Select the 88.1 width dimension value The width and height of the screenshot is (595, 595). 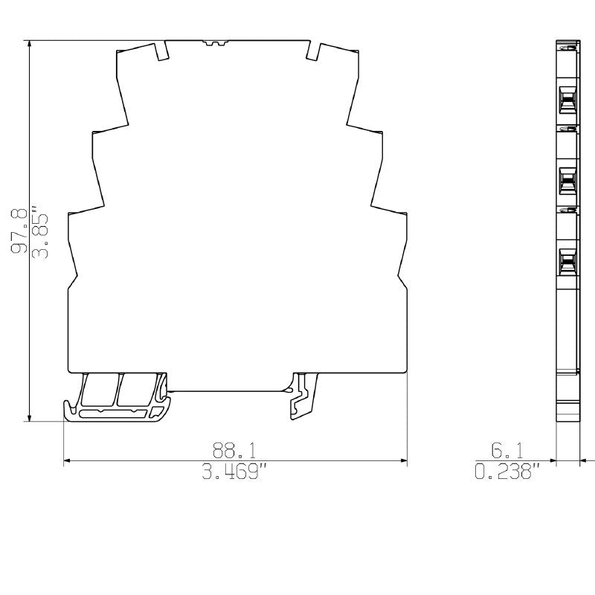(234, 450)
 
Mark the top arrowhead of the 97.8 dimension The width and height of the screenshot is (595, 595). (29, 43)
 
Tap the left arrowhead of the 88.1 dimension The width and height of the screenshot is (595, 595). (68, 461)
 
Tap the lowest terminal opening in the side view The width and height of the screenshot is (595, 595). (567, 261)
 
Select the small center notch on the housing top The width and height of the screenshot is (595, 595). (215, 44)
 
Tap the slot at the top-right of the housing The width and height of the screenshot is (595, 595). (312, 51)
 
